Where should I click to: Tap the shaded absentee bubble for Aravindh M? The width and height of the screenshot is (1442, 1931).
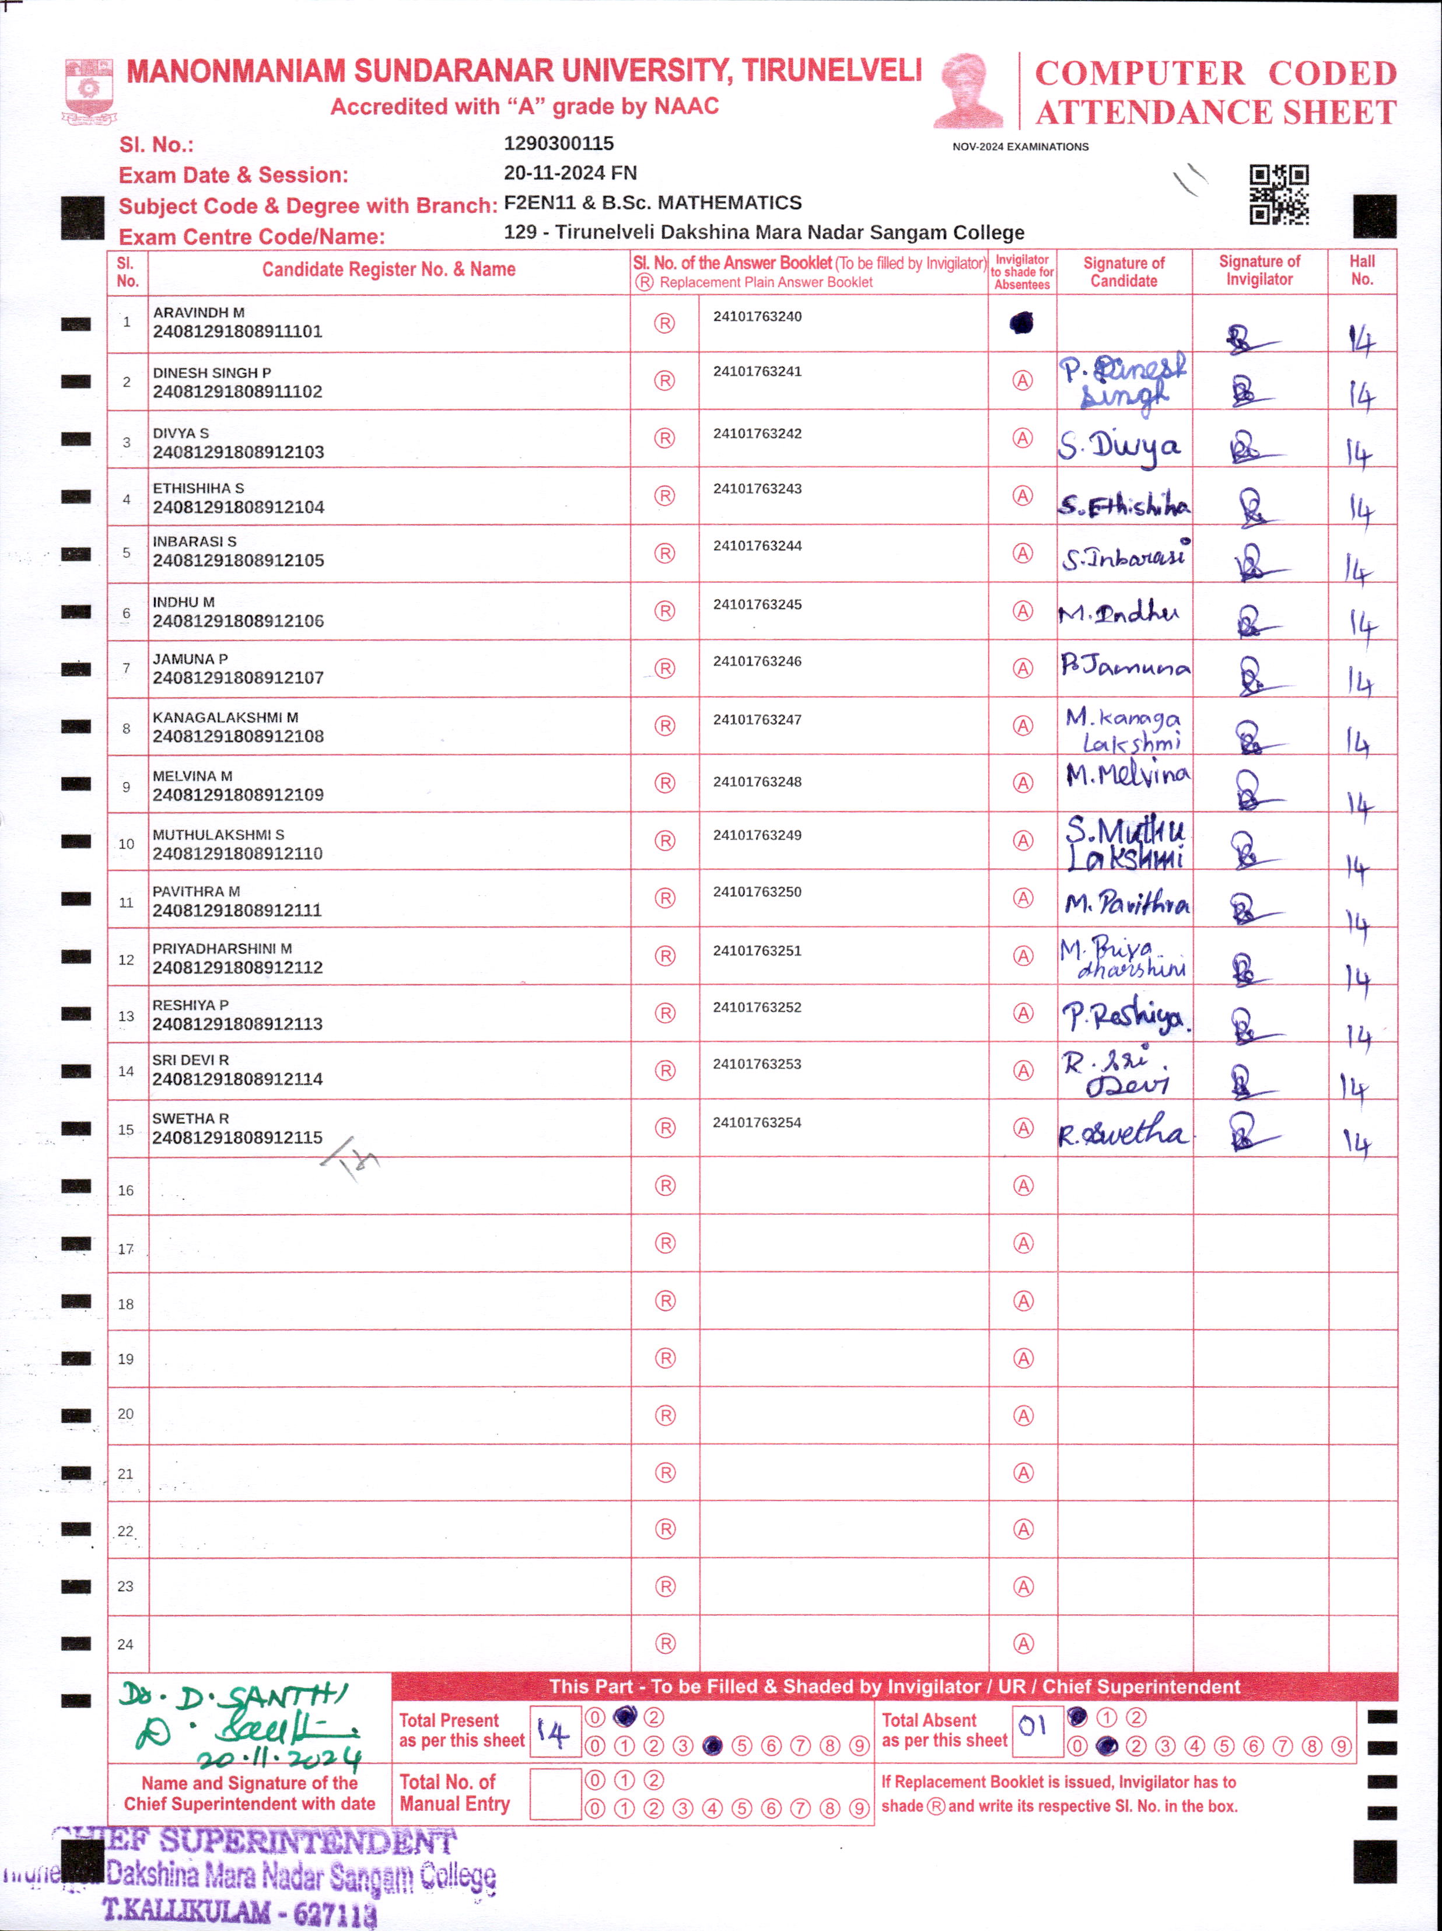click(x=1021, y=324)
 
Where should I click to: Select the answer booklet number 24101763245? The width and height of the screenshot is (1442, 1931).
click(x=757, y=604)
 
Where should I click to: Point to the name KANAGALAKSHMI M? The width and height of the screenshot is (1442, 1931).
click(x=225, y=718)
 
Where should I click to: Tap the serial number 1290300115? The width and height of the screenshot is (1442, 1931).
click(x=559, y=143)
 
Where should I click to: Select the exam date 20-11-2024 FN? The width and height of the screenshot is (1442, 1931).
click(x=570, y=173)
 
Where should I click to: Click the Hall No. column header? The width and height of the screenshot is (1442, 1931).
click(x=1361, y=271)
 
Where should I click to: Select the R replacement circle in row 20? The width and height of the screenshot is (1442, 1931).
click(x=665, y=1416)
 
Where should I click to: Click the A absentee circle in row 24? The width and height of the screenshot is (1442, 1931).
click(x=1023, y=1645)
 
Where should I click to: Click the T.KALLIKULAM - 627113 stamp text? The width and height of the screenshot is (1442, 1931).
click(x=240, y=1910)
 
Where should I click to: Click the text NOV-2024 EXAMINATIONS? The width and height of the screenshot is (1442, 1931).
click(x=1020, y=146)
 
